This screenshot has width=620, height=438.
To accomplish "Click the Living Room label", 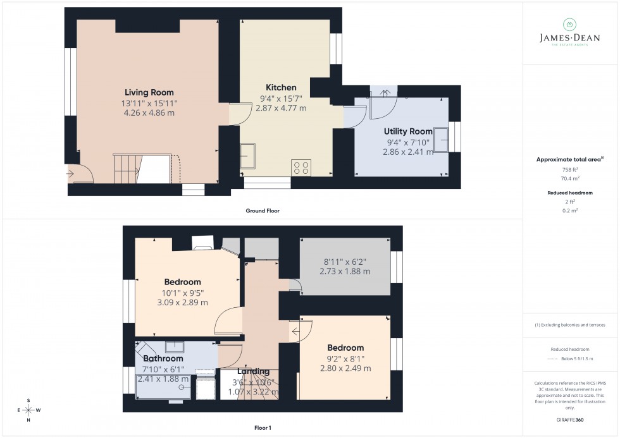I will point(149,92).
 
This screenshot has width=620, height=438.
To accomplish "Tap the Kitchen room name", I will point(281,87).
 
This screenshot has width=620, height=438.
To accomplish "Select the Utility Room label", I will point(408,131).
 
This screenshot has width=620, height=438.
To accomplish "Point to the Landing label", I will point(254,371).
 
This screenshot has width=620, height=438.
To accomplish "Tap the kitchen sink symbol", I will point(248,155).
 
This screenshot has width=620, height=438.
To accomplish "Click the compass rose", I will point(28,410).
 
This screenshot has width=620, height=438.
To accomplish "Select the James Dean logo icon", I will point(569,25).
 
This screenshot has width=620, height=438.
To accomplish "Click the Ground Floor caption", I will point(263,210).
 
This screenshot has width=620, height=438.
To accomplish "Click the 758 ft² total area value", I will point(569,170).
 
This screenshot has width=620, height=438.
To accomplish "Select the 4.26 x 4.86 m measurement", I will point(149,113).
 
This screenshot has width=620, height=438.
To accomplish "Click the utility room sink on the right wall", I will point(440,138).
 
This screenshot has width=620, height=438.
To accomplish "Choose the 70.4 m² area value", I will point(569,179).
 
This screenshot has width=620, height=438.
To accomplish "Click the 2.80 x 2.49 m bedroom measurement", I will point(345,368).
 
